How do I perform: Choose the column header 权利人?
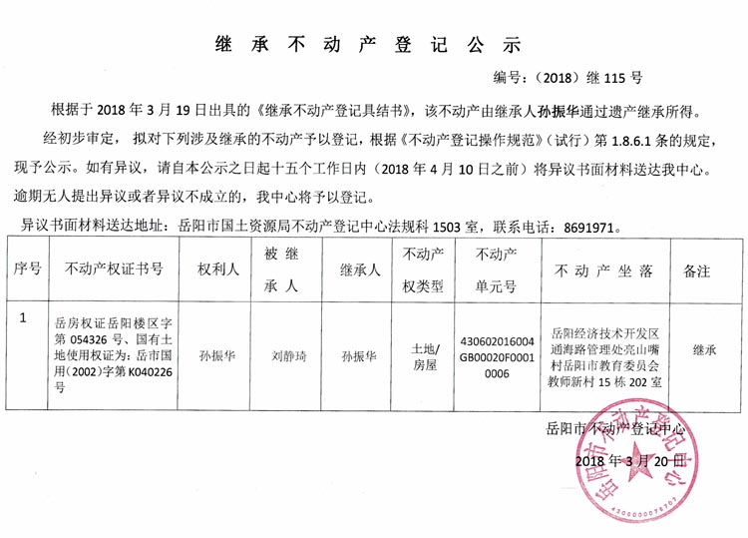(216, 269)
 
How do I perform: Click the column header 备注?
(697, 269)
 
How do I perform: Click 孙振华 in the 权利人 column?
(216, 353)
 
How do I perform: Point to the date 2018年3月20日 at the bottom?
(630, 461)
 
